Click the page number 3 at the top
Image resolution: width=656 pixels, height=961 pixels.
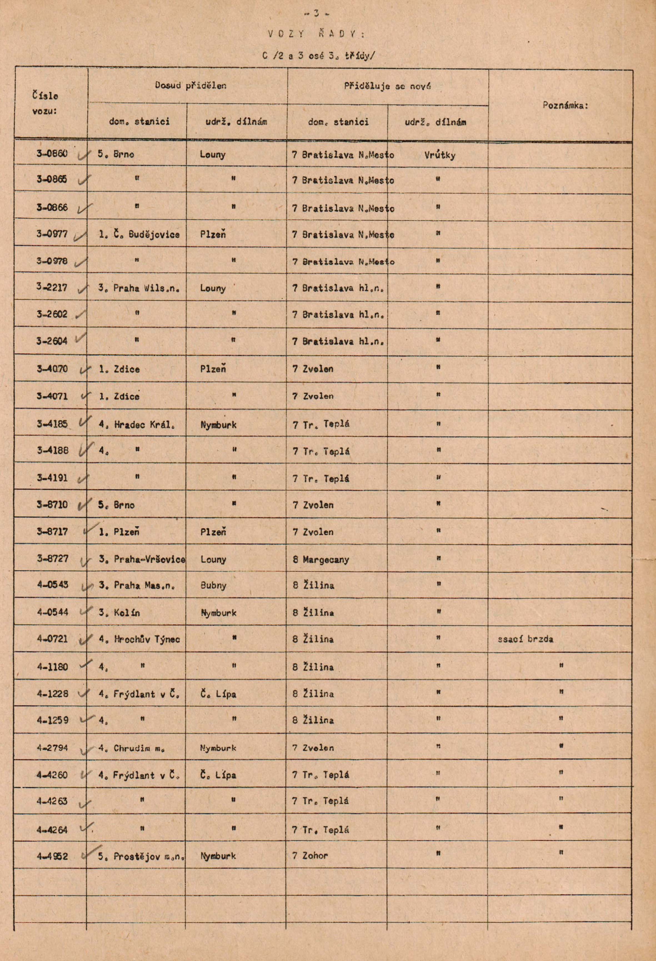(316, 13)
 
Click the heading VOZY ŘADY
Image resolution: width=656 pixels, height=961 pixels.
(316, 34)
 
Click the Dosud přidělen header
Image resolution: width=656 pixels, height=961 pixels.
(191, 86)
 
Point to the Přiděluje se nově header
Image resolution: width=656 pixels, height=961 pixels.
(387, 86)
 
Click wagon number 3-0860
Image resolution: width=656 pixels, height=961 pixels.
(52, 154)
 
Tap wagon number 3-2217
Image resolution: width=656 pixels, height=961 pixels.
(52, 287)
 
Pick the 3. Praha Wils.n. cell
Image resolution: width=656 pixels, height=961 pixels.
(139, 288)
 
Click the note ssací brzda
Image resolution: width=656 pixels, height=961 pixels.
(525, 639)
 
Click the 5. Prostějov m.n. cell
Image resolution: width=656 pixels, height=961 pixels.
(141, 856)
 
